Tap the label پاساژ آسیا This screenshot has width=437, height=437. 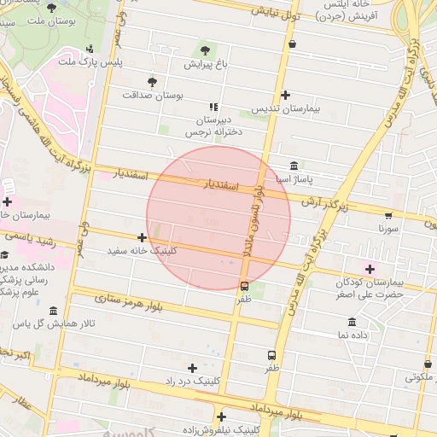tap(292, 180)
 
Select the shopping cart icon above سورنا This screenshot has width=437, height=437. tap(388, 216)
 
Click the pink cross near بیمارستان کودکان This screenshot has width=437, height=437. tap(369, 269)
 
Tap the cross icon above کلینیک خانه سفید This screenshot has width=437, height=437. tap(142, 237)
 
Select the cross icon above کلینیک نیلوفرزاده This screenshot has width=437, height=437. tap(222, 417)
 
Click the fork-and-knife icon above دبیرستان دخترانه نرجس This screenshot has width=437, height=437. tap(213, 106)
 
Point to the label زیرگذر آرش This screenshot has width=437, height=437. tap(329, 203)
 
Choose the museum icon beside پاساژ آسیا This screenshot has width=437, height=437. tap(294, 166)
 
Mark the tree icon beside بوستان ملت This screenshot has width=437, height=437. tap(52, 8)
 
